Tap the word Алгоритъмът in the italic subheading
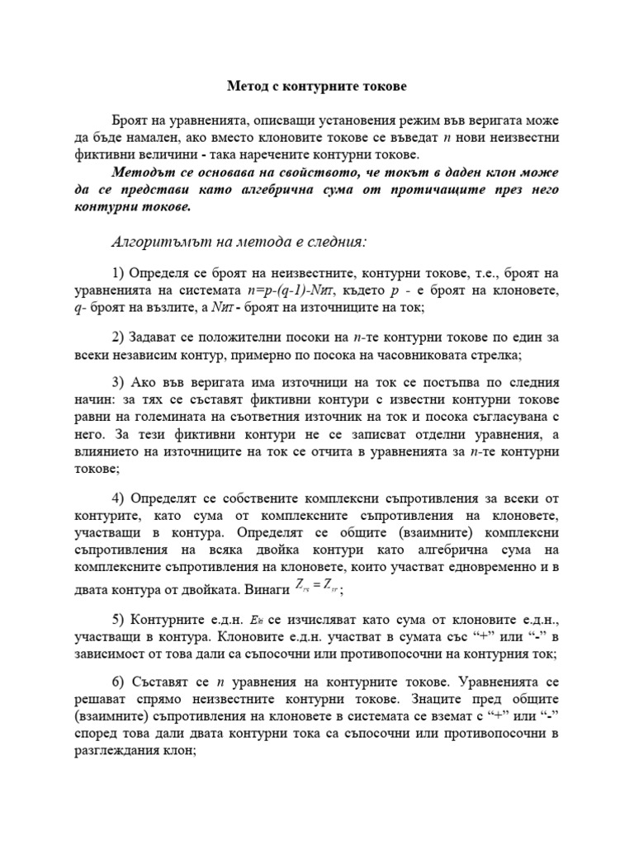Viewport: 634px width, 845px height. (x=151, y=242)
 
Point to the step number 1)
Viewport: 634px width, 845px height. (x=117, y=274)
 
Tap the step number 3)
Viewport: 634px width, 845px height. (x=117, y=384)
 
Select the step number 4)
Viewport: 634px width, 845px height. (x=117, y=499)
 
